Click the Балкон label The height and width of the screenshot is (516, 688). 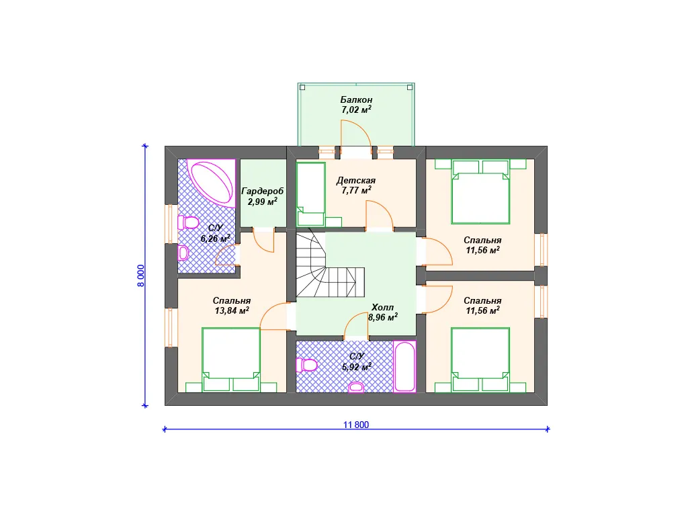coord(356,99)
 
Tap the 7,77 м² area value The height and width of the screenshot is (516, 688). coord(356,190)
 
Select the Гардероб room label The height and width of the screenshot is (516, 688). coord(263,191)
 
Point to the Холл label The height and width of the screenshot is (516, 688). coord(382,307)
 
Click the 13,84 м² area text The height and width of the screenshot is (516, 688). coord(232,310)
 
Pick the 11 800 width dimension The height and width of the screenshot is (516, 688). coord(356,425)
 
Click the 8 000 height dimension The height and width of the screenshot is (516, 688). coord(141,275)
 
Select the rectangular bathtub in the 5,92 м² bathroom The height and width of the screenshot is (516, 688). coord(404,366)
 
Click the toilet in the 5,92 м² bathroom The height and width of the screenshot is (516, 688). coord(306,365)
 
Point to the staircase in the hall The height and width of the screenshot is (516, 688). coord(329,265)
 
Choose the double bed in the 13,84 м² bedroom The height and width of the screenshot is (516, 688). coord(231,359)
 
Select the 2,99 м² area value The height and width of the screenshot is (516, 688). coord(263,202)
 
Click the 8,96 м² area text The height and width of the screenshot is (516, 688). coord(382,317)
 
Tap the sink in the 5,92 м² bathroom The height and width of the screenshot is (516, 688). coord(356,387)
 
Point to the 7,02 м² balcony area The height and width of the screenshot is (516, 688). coord(356,110)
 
